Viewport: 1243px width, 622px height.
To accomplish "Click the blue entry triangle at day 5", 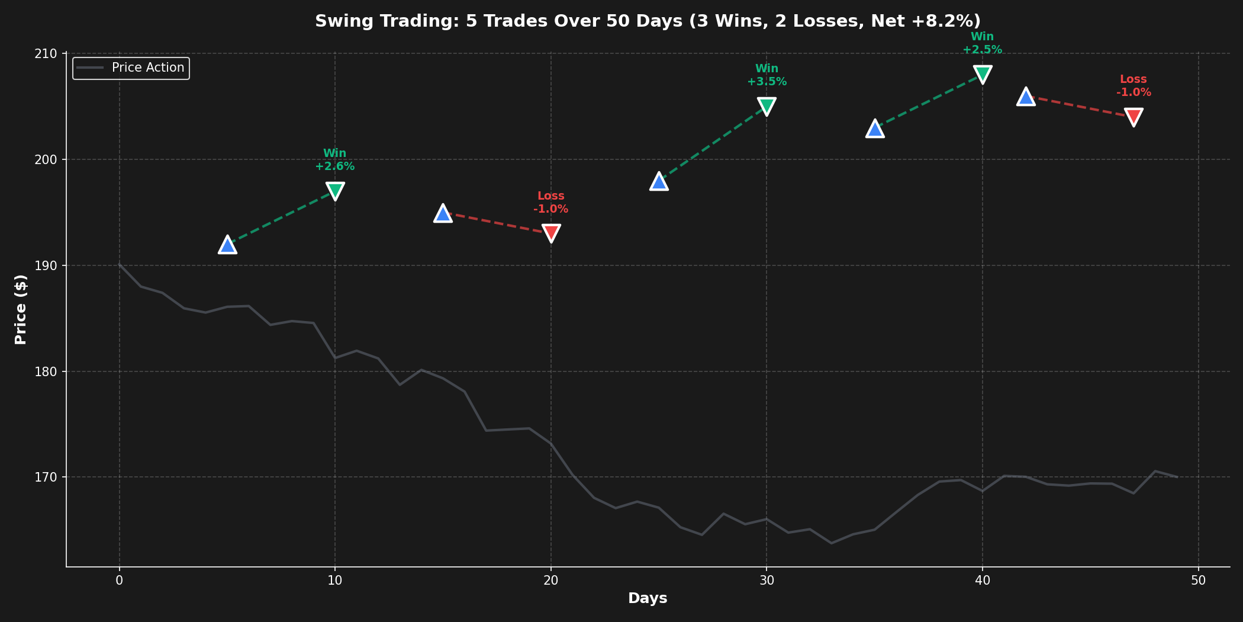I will (227, 245).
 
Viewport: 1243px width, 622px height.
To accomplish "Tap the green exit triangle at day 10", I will (335, 191).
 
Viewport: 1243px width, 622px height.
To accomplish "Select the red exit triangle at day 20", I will (551, 233).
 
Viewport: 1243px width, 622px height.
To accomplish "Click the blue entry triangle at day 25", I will (659, 181).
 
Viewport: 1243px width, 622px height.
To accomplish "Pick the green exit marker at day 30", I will (767, 106).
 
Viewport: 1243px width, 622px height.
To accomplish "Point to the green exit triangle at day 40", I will (983, 74).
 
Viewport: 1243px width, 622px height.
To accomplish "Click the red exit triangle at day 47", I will (1133, 117).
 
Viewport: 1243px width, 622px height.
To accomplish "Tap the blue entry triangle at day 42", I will (1026, 97).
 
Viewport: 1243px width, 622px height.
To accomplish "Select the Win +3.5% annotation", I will (767, 75).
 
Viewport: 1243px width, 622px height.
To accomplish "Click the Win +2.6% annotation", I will (335, 160).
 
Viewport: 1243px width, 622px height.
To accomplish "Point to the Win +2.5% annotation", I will (983, 43).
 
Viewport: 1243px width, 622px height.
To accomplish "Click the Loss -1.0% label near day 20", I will (551, 203).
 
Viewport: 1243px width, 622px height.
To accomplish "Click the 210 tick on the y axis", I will (50, 54).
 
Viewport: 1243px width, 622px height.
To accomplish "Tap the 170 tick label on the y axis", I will (50, 477).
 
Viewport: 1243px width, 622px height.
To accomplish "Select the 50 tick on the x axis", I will (1198, 581).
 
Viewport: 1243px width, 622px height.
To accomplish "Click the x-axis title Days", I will (648, 598).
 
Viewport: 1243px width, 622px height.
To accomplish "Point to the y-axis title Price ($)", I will (21, 309).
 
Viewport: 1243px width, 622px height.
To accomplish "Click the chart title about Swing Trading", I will (648, 21).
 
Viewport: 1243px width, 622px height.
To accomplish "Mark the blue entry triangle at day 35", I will (875, 129).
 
